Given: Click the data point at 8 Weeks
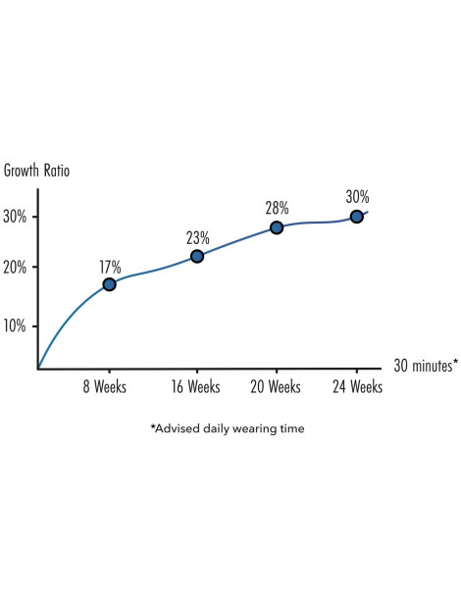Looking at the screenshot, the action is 110,284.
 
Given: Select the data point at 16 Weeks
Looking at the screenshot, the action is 197,256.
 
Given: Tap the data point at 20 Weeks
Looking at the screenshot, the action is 277,227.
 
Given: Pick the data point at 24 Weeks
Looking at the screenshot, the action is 357,217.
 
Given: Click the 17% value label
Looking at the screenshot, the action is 110,267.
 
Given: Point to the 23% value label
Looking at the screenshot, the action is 198,238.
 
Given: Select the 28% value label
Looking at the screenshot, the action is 277,208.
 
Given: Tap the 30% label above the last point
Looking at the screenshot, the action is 358,197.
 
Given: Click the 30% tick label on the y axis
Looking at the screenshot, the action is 15,217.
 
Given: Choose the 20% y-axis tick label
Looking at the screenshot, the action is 15,268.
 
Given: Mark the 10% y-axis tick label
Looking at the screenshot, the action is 15,325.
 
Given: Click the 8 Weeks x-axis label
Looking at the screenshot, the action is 105,386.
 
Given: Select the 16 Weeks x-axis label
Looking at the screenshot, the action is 196,386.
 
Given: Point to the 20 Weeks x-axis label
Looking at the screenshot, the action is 276,386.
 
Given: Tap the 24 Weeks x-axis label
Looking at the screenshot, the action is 358,386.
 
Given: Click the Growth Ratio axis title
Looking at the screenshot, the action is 36,171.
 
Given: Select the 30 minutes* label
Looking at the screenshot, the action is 426,366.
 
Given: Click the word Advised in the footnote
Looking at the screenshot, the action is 176,428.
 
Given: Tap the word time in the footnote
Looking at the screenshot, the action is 292,428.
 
